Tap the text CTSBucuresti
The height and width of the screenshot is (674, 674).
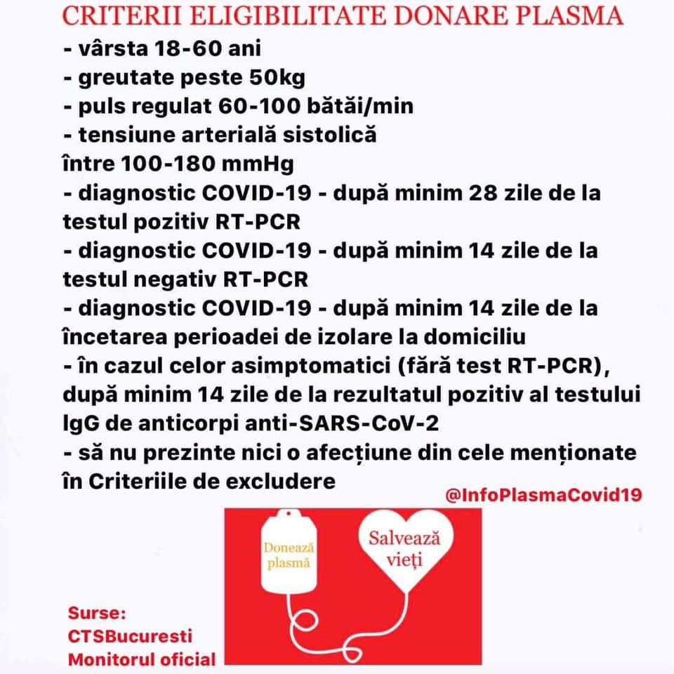130,637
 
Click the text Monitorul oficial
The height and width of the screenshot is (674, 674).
142,659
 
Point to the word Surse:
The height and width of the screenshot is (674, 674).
97,614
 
